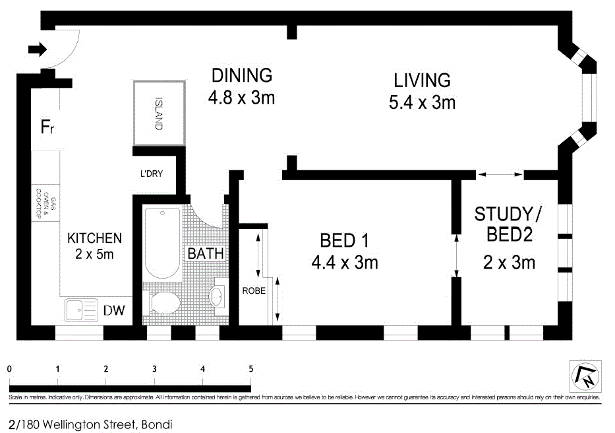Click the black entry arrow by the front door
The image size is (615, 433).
coord(38,50)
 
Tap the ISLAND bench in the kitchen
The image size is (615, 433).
coord(159,113)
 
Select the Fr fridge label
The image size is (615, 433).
coord(47,127)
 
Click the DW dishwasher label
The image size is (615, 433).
coord(113,310)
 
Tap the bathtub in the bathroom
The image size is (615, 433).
coord(161,244)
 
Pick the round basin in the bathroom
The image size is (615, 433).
coord(217,296)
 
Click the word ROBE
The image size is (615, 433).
coord(254,290)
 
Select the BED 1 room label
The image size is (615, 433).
coord(344,240)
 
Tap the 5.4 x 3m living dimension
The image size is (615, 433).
coord(422,103)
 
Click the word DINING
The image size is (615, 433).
coord(241,75)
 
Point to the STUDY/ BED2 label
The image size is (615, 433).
coord(508,224)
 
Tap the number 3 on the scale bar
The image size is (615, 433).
coord(154,369)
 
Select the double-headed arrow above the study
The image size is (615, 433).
coord(500,174)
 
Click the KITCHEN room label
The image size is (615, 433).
coord(94,238)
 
